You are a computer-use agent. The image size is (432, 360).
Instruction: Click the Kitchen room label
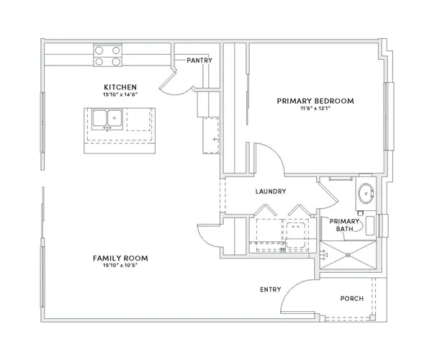[x=120, y=87]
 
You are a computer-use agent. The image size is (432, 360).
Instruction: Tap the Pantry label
[x=199, y=60]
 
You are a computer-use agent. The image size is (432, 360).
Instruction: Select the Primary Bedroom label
[x=315, y=101]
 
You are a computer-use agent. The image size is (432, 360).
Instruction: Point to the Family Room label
[x=120, y=258]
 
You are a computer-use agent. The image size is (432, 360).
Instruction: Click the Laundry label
[x=271, y=192]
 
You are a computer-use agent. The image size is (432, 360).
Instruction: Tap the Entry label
[x=271, y=289]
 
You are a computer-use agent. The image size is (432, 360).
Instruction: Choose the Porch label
[x=352, y=299]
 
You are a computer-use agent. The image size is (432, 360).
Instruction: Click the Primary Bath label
[x=344, y=225]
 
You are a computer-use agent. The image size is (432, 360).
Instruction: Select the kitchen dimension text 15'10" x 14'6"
[x=120, y=94]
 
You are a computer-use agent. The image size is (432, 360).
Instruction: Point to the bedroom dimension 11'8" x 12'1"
[x=315, y=108]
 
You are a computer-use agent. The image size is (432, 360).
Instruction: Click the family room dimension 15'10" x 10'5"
[x=120, y=265]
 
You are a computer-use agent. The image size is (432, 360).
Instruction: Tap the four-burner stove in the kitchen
[x=108, y=55]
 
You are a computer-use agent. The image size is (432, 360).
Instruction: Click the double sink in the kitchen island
[x=107, y=120]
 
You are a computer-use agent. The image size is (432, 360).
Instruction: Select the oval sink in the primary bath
[x=366, y=193]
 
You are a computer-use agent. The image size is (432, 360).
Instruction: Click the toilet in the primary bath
[x=370, y=225]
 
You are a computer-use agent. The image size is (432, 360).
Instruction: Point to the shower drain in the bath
[x=348, y=255]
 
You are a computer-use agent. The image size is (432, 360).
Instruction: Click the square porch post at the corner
[x=372, y=318]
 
